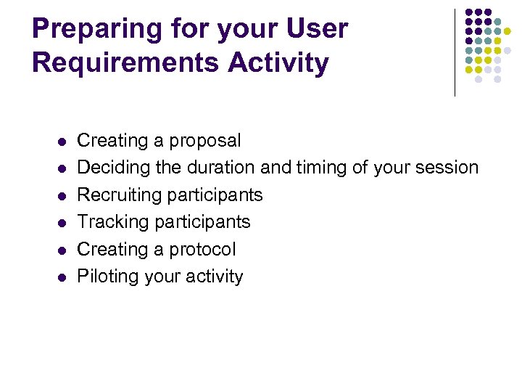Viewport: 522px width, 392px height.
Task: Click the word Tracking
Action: click(112, 222)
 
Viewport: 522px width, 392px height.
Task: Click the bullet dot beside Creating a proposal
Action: click(62, 141)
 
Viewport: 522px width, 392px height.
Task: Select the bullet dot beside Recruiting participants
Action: click(62, 195)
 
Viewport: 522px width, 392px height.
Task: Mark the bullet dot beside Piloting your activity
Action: click(62, 277)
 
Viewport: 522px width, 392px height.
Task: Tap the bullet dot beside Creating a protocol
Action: click(62, 250)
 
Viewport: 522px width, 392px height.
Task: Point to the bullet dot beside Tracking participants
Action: click(62, 222)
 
